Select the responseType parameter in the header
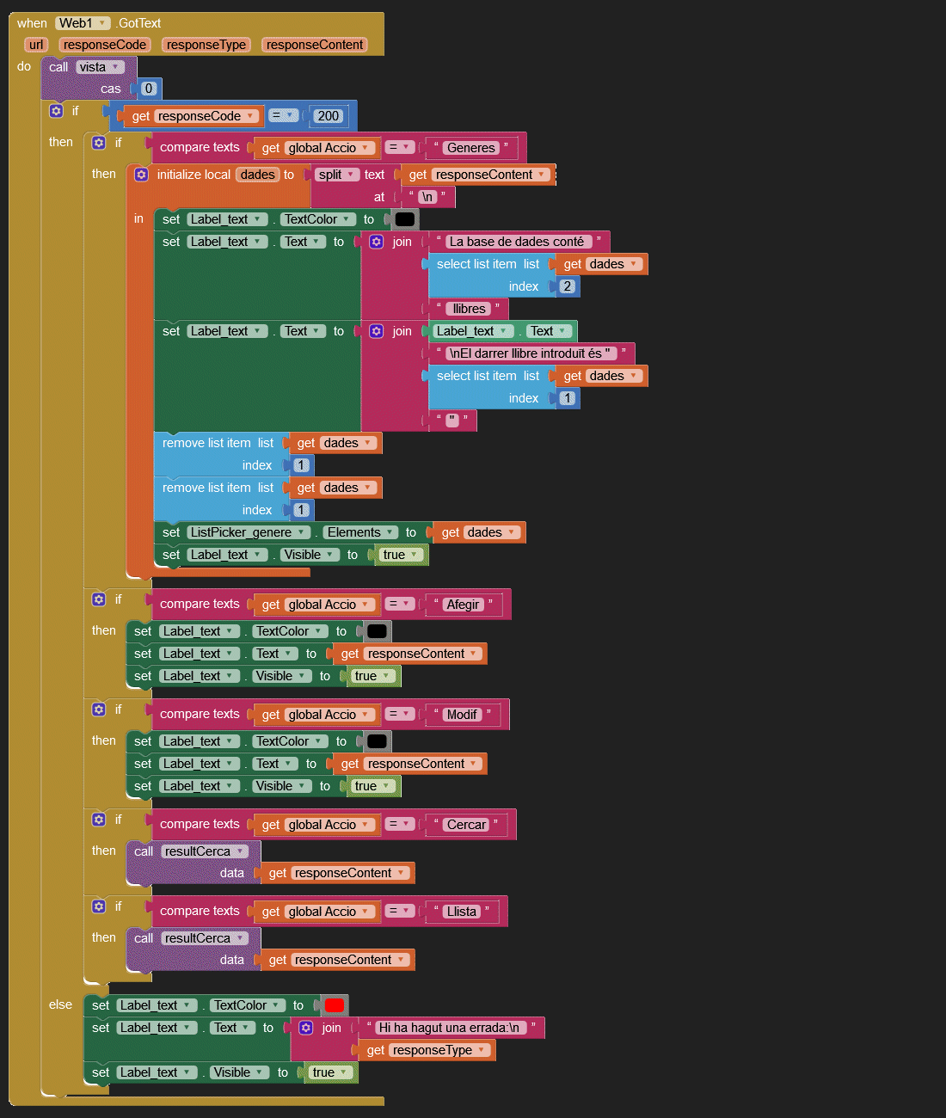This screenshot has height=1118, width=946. click(206, 45)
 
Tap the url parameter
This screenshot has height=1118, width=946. click(35, 45)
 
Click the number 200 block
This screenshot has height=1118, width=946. click(328, 116)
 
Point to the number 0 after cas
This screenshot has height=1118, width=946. click(148, 89)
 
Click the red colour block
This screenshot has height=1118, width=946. click(334, 1005)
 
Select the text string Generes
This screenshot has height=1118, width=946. click(470, 148)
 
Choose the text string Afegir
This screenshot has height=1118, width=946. click(463, 605)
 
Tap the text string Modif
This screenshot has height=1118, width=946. click(462, 715)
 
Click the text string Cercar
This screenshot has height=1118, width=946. click(466, 825)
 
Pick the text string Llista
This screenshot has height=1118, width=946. click(461, 912)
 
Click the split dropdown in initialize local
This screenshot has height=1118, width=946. click(336, 175)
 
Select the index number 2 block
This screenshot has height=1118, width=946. click(567, 286)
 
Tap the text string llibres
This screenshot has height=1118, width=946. click(469, 309)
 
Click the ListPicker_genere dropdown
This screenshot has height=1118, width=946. click(249, 532)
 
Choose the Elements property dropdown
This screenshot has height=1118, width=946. click(360, 532)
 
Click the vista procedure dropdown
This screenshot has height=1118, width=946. click(99, 67)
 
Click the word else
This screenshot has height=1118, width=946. click(60, 1004)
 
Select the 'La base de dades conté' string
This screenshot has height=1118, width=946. click(517, 242)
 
